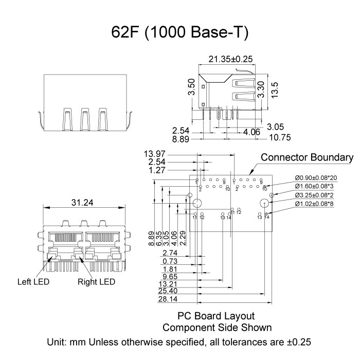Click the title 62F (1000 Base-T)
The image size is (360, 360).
click(x=180, y=33)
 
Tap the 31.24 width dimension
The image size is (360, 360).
click(x=82, y=203)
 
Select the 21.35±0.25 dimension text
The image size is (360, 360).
click(x=231, y=59)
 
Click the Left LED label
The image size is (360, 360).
click(x=34, y=282)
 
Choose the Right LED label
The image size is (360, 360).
click(x=96, y=282)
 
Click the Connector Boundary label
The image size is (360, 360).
click(x=307, y=157)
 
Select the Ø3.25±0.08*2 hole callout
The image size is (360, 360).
click(x=314, y=195)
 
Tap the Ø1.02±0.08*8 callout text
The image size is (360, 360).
click(x=314, y=204)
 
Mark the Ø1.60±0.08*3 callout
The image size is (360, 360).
click(x=314, y=187)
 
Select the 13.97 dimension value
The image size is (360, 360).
click(x=155, y=153)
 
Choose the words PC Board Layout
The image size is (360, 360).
click(x=216, y=315)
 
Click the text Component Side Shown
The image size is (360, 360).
click(x=217, y=327)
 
